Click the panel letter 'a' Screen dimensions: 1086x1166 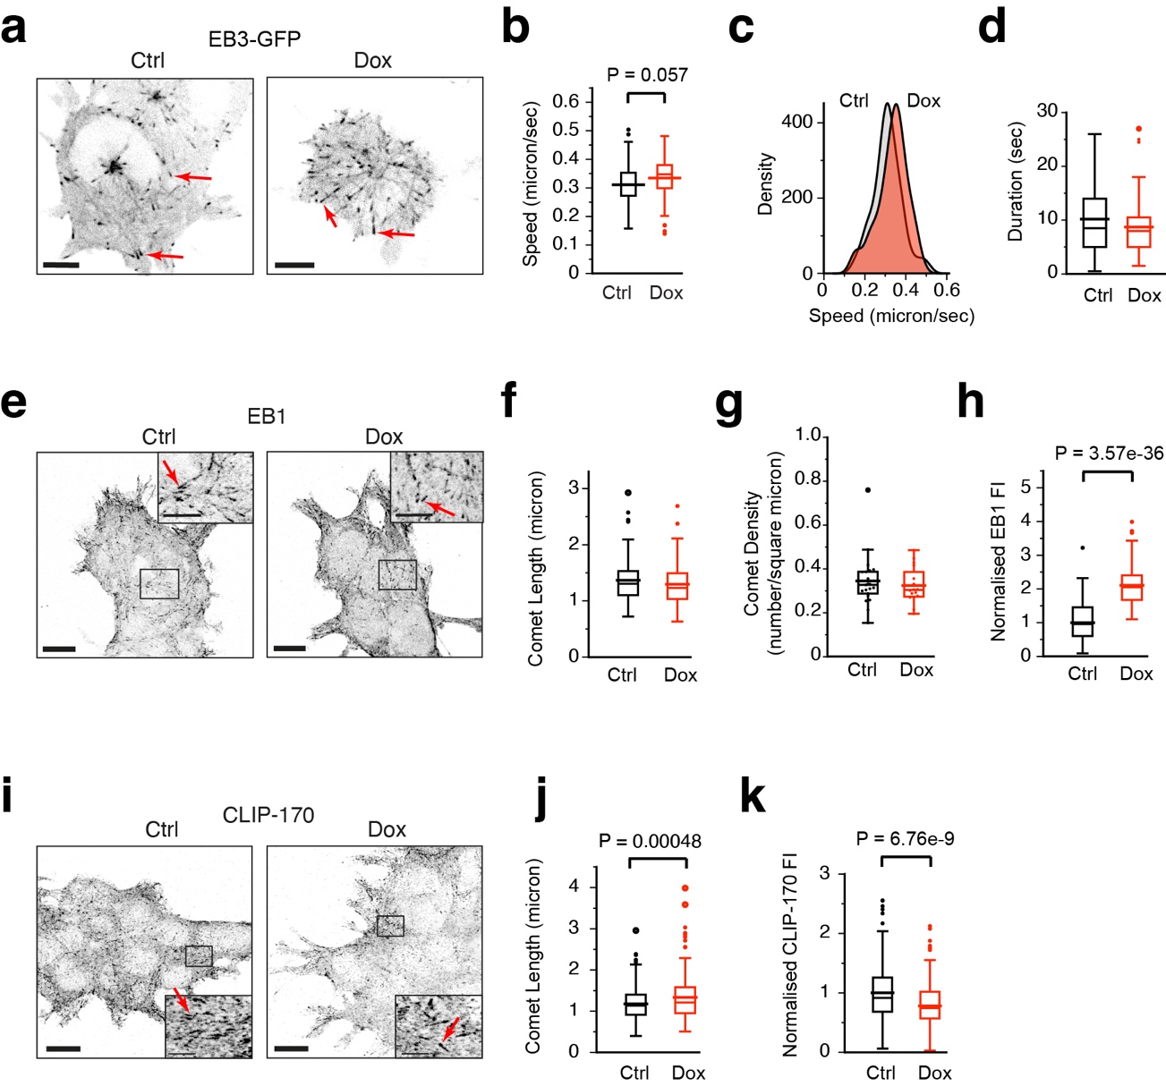click(13, 30)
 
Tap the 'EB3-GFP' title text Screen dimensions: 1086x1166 click(254, 38)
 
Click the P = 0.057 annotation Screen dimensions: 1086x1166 click(647, 75)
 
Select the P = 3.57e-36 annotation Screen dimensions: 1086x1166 click(1109, 454)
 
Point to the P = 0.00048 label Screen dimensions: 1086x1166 click(650, 841)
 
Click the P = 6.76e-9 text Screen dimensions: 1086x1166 click(905, 838)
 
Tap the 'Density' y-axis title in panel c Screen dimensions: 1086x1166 click(765, 184)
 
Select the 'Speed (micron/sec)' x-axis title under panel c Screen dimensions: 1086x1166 click(891, 316)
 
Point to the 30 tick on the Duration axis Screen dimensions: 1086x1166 click(1047, 111)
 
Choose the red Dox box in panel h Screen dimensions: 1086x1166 click(1132, 587)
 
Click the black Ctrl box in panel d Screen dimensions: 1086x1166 click(1094, 222)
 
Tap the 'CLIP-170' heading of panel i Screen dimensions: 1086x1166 click(268, 815)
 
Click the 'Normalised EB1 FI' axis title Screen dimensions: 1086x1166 click(998, 560)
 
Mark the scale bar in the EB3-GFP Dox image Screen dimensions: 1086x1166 click(294, 265)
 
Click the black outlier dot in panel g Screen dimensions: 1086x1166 click(866, 490)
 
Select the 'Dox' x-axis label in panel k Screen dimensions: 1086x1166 click(934, 1073)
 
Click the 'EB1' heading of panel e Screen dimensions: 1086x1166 click(267, 417)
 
